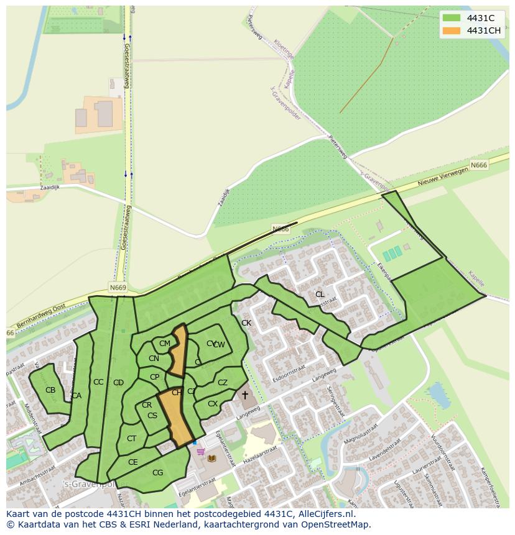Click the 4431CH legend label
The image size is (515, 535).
pyautogui.click(x=483, y=30)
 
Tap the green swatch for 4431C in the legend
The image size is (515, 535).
pyautogui.click(x=452, y=18)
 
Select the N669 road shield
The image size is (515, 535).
pyautogui.click(x=117, y=288)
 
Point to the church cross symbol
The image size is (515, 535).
pyautogui.click(x=245, y=395)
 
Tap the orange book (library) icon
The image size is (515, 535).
pyautogui.click(x=211, y=459)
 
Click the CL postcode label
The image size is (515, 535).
pyautogui.click(x=320, y=295)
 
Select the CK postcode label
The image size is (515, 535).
pyautogui.click(x=246, y=323)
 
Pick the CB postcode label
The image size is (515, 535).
pyautogui.click(x=50, y=390)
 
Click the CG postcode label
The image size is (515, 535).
pyautogui.click(x=157, y=473)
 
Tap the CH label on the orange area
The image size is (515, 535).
pyautogui.click(x=177, y=393)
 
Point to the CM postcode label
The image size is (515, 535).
pyautogui.click(x=165, y=344)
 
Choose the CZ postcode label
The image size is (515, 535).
pyautogui.click(x=222, y=383)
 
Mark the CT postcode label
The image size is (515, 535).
pyautogui.click(x=131, y=439)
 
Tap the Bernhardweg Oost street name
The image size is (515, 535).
pyautogui.click(x=40, y=309)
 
